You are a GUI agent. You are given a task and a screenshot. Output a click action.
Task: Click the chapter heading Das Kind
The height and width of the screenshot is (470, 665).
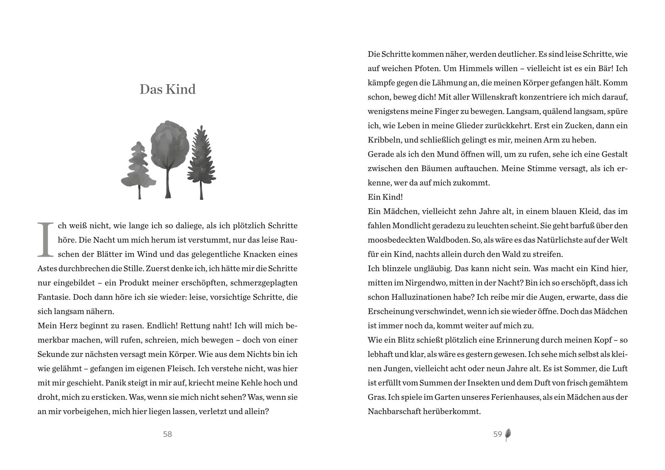(167, 89)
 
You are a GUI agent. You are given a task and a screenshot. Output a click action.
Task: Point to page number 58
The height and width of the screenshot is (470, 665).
(167, 434)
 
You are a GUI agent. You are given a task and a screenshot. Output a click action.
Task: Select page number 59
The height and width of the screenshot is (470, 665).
(497, 434)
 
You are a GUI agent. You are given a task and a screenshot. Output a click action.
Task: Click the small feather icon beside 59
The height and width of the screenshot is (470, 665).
(508, 434)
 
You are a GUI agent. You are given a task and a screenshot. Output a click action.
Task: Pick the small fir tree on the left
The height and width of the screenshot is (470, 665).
(138, 169)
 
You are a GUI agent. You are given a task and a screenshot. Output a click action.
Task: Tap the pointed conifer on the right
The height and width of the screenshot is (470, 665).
(201, 161)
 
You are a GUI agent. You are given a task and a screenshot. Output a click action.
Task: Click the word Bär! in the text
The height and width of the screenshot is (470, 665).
(608, 69)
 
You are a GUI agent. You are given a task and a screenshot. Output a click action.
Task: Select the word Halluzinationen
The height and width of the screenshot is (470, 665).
(428, 297)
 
